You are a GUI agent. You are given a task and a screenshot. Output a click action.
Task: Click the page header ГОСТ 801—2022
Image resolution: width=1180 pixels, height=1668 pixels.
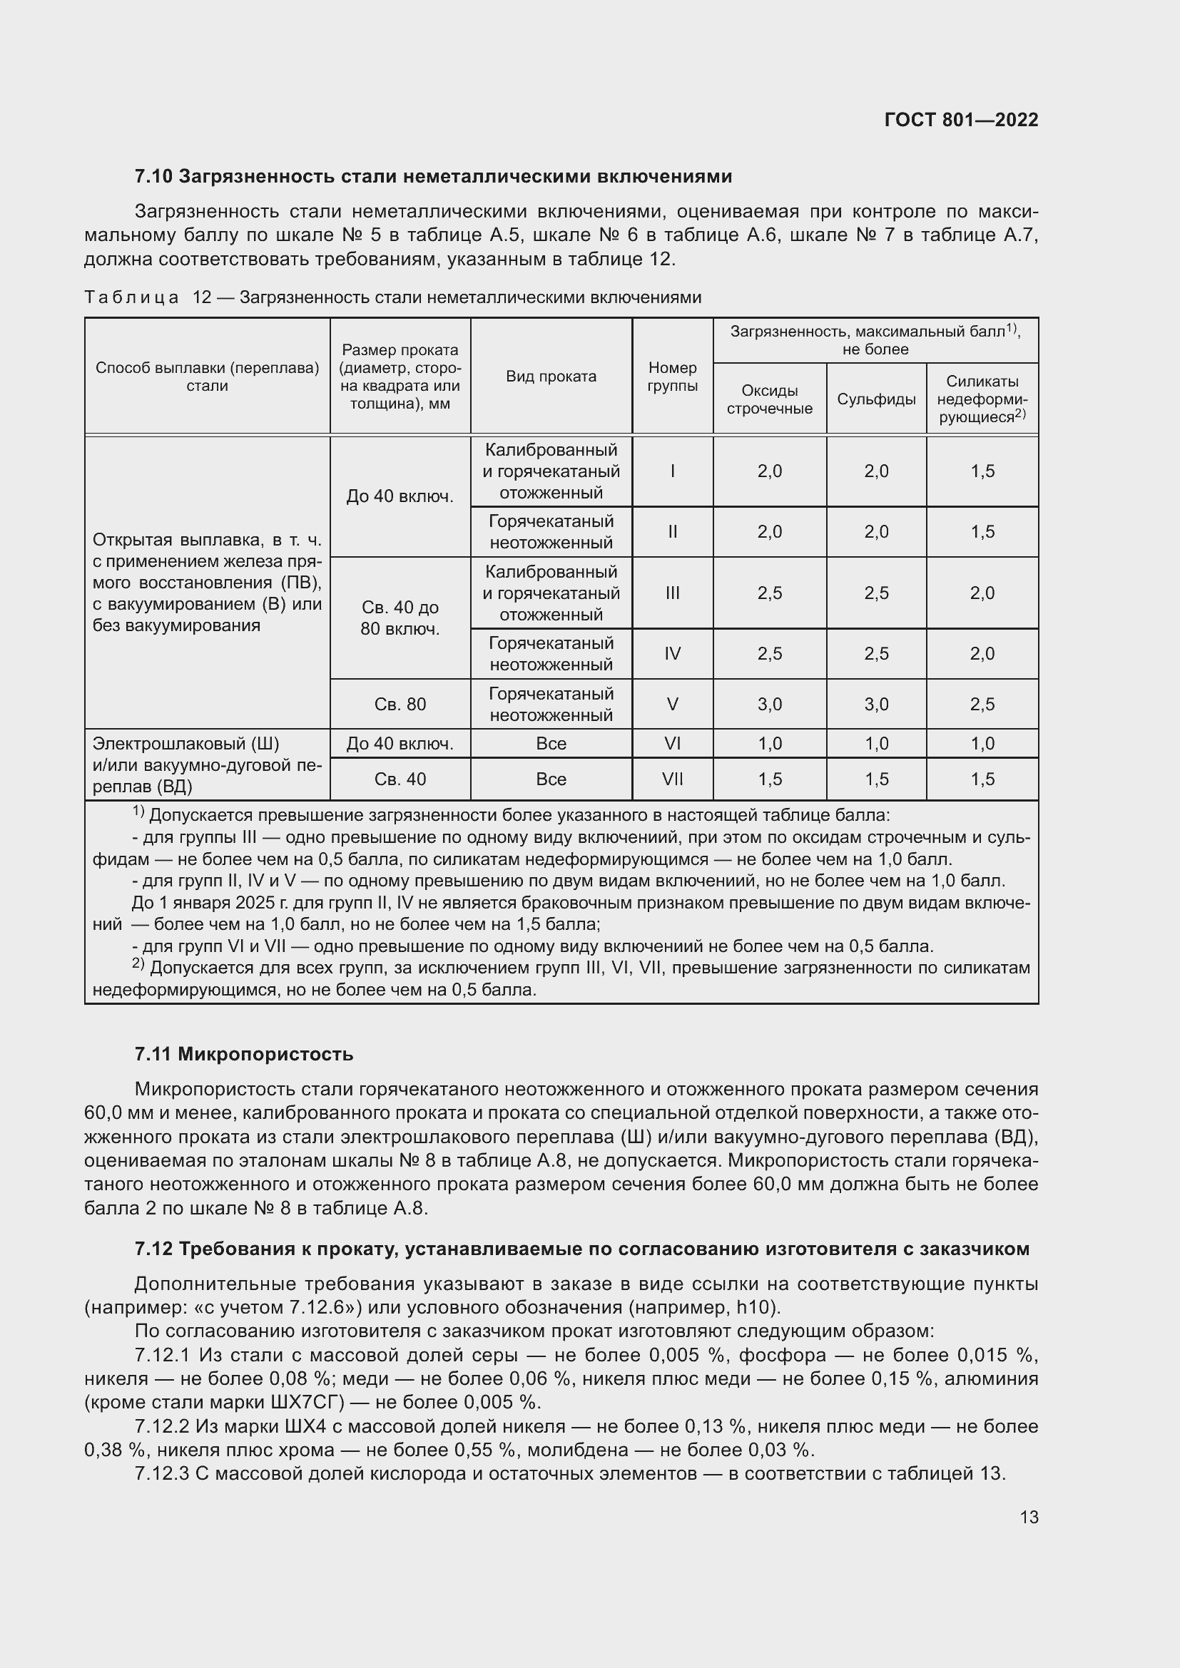pos(960,120)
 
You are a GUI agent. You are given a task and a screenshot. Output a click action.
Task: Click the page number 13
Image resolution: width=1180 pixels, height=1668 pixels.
pos(1028,1517)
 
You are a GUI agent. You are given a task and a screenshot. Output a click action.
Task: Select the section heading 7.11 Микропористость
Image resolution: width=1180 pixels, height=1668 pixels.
pos(243,1054)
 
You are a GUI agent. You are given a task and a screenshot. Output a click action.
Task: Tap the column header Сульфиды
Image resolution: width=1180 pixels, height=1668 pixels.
pos(875,399)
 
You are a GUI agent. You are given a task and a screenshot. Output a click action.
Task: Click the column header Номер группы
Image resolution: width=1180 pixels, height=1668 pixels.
pos(672,377)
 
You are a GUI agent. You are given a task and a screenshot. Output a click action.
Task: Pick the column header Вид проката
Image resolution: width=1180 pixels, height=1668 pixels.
pos(551,377)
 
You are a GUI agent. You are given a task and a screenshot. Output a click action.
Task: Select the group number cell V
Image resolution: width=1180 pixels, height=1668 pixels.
pos(672,704)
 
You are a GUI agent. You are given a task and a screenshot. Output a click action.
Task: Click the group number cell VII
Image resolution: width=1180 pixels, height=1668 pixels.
pos(672,779)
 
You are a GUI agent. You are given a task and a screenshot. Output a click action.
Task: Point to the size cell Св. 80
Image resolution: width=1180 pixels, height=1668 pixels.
pos(400,704)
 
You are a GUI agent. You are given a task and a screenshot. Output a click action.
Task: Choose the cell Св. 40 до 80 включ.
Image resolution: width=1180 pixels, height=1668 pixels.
pos(400,618)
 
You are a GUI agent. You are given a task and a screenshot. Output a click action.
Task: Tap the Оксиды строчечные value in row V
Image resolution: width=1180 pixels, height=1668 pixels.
pos(770,704)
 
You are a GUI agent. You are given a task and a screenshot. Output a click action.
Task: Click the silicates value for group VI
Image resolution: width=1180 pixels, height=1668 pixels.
pos(982,743)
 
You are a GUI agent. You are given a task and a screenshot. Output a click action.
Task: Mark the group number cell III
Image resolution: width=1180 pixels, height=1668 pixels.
pos(672,593)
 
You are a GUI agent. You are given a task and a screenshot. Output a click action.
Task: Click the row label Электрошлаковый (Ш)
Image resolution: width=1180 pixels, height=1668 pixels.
pos(185,744)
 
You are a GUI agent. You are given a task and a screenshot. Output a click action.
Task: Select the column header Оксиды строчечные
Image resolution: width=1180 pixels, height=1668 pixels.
pos(770,399)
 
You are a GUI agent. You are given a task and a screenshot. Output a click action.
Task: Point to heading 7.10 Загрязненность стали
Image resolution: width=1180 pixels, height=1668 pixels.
pos(433,177)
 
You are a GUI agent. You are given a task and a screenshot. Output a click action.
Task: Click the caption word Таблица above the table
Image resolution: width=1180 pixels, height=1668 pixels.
pos(131,297)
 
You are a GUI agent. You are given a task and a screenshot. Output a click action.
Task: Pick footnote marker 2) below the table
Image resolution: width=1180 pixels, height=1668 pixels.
pos(138,964)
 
